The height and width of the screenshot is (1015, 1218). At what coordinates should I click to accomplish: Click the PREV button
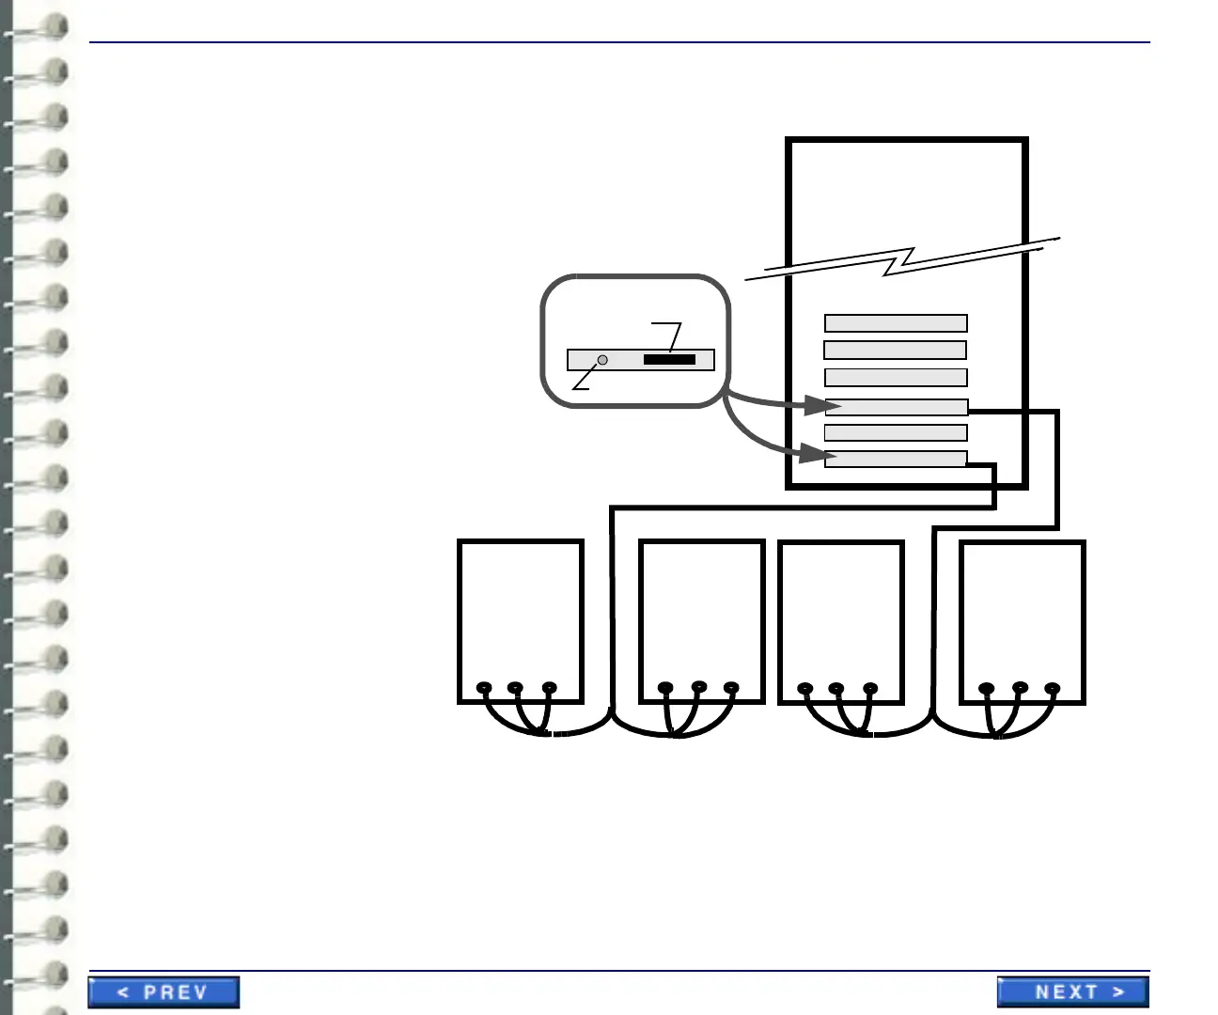coord(164,992)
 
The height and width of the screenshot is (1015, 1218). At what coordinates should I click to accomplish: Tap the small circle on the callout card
coord(602,360)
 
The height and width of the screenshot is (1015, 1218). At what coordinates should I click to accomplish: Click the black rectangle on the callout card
coord(669,360)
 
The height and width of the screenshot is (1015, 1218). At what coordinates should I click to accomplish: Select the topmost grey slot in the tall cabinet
coord(896,323)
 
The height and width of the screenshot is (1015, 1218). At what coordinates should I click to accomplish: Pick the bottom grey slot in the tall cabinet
coord(896,459)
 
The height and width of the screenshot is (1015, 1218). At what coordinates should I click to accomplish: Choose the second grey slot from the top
coord(896,350)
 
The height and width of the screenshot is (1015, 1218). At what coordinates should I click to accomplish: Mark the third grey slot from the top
coord(896,377)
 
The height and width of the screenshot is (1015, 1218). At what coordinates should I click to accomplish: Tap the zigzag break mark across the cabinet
coord(900,260)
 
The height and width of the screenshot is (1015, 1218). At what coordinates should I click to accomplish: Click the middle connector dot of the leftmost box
coord(515,688)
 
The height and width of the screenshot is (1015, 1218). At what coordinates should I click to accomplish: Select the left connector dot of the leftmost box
coord(484,688)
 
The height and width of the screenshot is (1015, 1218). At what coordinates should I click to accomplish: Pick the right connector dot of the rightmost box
coord(1052,688)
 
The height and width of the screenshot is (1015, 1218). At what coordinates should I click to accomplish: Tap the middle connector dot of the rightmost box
coord(1021,688)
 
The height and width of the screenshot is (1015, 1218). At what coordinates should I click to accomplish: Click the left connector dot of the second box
coord(665,688)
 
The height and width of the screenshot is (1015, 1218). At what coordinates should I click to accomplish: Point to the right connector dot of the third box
coord(870,688)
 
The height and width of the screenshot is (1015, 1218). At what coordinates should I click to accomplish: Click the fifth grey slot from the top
coord(896,432)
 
